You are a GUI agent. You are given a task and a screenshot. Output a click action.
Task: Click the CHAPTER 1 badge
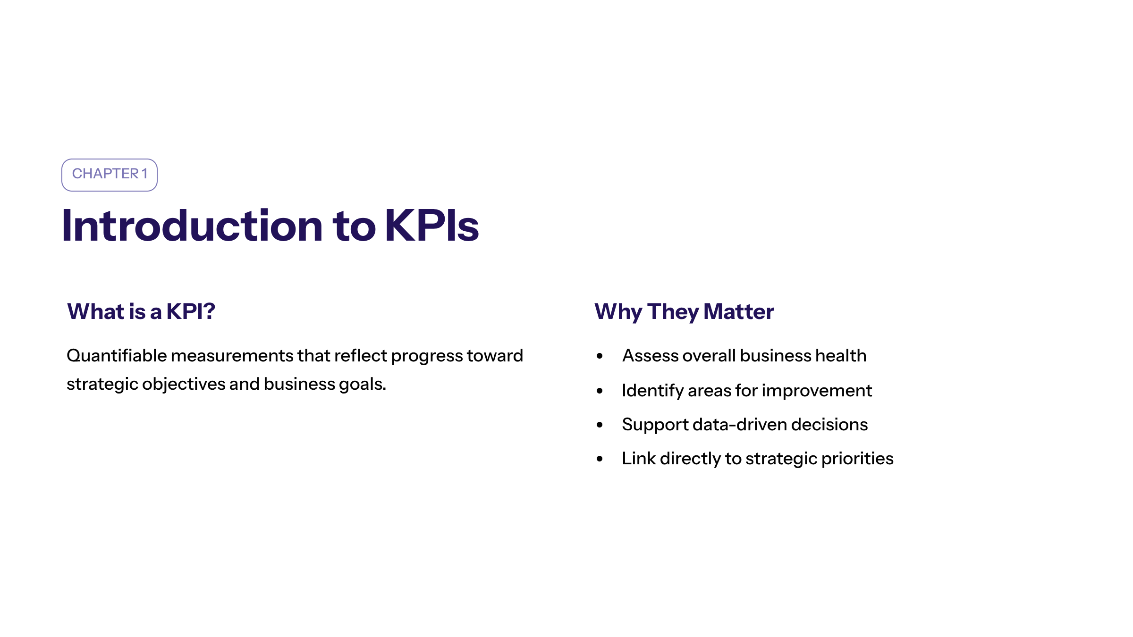(x=110, y=175)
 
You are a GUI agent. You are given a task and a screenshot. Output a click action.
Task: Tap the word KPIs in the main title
(x=432, y=226)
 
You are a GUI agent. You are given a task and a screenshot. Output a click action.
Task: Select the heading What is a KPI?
(x=141, y=311)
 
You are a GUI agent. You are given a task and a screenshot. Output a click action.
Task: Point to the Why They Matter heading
(x=684, y=312)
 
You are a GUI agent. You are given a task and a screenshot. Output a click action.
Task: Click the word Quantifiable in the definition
(x=117, y=356)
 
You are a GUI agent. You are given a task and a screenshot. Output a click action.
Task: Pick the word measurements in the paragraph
(x=232, y=356)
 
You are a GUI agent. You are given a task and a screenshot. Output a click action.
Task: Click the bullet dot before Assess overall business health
(x=600, y=356)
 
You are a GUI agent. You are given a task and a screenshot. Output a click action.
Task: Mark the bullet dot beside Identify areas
(x=600, y=391)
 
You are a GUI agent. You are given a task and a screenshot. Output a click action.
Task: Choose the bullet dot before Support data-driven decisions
(x=600, y=425)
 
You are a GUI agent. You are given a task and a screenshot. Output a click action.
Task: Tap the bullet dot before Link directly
(x=600, y=459)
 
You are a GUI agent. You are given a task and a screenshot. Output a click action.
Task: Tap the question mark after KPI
(x=209, y=311)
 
